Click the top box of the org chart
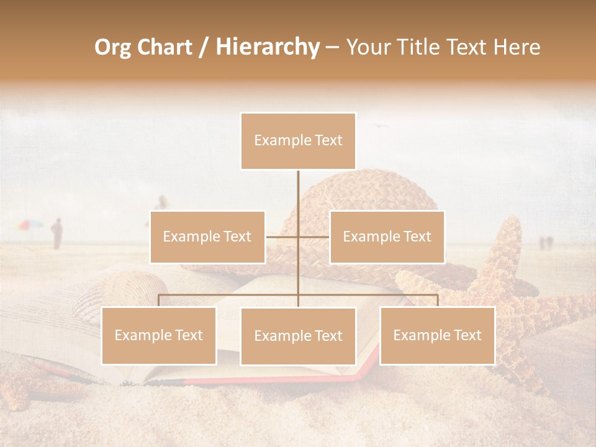point(298,141)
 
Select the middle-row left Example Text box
point(207,237)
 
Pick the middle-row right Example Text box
point(387,237)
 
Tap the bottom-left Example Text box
point(159,335)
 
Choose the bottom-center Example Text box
point(298,336)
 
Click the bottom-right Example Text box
point(437,335)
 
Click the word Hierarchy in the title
point(268,47)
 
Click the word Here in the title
point(517,47)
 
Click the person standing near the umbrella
point(56,233)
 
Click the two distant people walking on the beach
point(544,243)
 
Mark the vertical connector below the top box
point(298,199)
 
